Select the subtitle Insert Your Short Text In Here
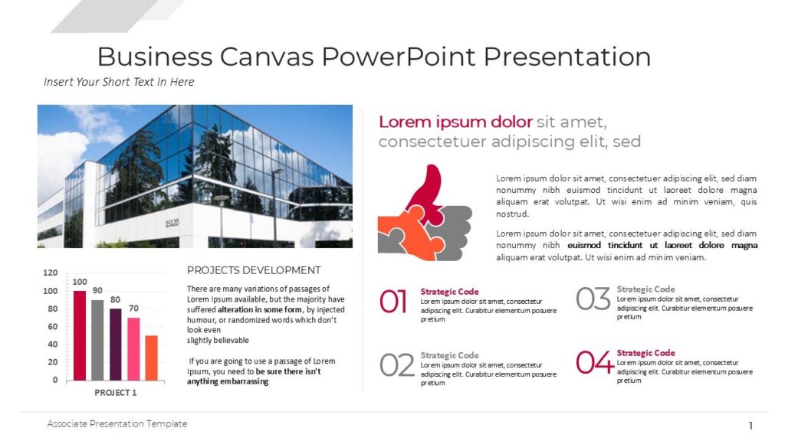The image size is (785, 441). tap(119, 82)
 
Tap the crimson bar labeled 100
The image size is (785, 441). tap(80, 335)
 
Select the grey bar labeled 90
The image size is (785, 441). tap(97, 340)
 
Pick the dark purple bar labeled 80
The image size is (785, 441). tap(116, 345)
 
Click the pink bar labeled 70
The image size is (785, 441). tap(133, 349)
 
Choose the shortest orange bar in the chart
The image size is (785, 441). tap(151, 358)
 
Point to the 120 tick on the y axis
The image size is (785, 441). tap(50, 273)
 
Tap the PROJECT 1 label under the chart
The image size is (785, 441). tap(116, 392)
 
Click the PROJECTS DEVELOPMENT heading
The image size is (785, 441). tap(254, 270)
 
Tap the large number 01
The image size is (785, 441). tap(393, 302)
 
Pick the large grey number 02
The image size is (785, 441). tap(396, 365)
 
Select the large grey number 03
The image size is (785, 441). tap(593, 299)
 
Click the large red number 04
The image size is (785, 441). tap(595, 362)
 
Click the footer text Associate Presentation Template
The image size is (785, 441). tap(117, 423)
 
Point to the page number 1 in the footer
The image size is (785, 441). tap(751, 426)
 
